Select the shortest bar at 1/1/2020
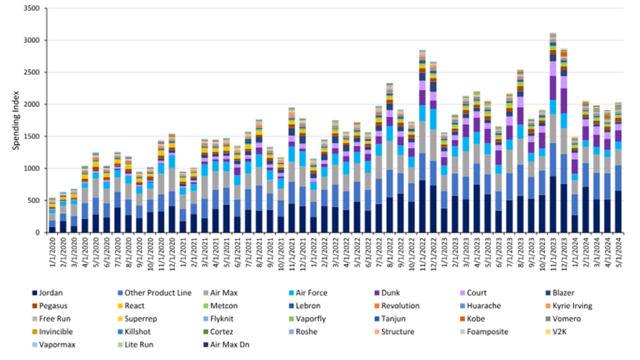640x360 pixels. click(x=52, y=216)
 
